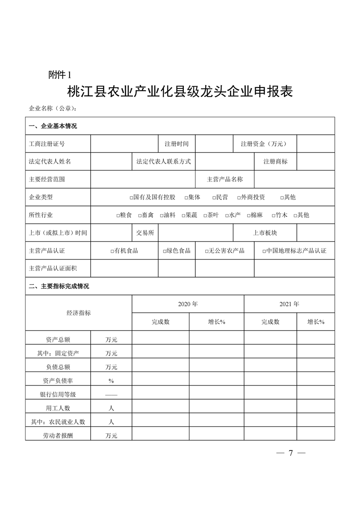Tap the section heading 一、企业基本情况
tap(53, 126)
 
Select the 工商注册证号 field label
tap(47, 144)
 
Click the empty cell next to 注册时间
tap(214, 144)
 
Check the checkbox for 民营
tap(214, 198)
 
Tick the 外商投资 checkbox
tap(238, 198)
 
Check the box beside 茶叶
tap(205, 215)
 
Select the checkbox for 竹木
tap(273, 215)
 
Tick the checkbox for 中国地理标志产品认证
tap(264, 251)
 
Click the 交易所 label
tap(145, 233)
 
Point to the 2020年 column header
tap(188, 304)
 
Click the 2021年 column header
tap(289, 304)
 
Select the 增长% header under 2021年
tap(316, 322)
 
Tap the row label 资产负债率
tap(58, 380)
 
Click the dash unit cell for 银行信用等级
tap(111, 394)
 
